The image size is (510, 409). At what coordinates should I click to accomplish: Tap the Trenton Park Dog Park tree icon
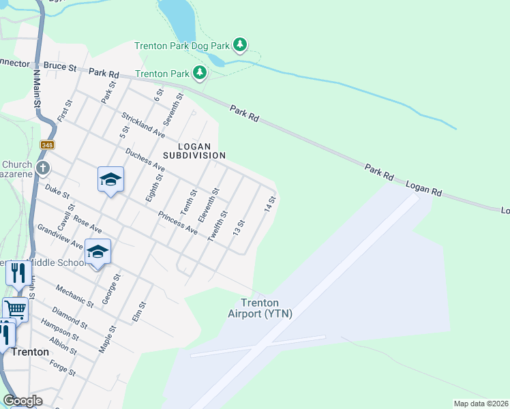coord(239,45)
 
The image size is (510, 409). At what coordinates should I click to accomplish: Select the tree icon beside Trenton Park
coord(199,72)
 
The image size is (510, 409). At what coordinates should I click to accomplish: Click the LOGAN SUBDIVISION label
coord(201,151)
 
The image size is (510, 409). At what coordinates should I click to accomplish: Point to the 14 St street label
coord(271,203)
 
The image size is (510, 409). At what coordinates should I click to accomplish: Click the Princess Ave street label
coord(177,223)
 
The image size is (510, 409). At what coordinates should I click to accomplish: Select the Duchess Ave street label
coord(145,157)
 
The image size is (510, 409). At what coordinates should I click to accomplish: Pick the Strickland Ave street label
coord(144,124)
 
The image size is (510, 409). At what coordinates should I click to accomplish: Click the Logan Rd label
coord(425,190)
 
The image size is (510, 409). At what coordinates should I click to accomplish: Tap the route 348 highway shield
coord(47,145)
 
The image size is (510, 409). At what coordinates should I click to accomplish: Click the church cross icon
coord(42,168)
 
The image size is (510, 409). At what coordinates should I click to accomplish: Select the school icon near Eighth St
coord(110,179)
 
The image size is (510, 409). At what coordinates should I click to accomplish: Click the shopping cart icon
coord(15,308)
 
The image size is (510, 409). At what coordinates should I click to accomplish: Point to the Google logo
coord(22,401)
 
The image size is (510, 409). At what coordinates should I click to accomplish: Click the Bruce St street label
coord(60,67)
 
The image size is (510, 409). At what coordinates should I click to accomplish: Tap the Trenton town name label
coord(30,352)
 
